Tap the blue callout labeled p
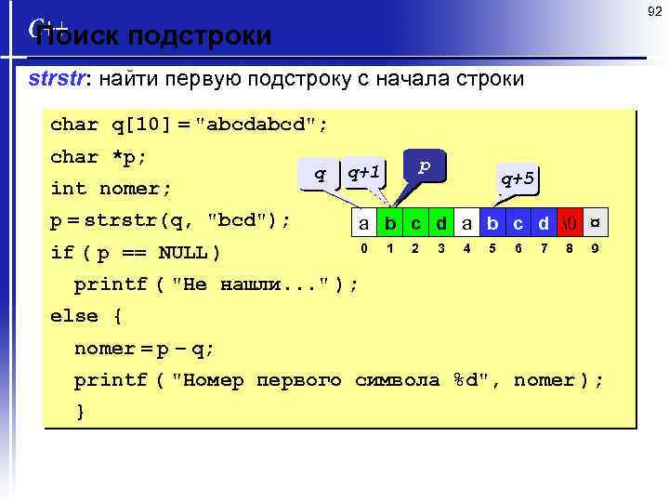click(x=425, y=165)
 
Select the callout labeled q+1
click(x=362, y=172)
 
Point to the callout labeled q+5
click(x=517, y=178)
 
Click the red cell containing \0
click(x=570, y=223)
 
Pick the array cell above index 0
click(x=365, y=223)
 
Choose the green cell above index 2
click(x=416, y=223)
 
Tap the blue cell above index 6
click(x=518, y=223)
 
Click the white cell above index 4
click(x=467, y=223)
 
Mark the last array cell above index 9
click(x=595, y=223)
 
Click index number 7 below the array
click(x=544, y=248)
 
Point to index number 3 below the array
click(x=441, y=248)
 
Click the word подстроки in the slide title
click(x=200, y=36)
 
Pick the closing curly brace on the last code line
click(x=80, y=411)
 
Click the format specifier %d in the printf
click(x=472, y=380)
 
